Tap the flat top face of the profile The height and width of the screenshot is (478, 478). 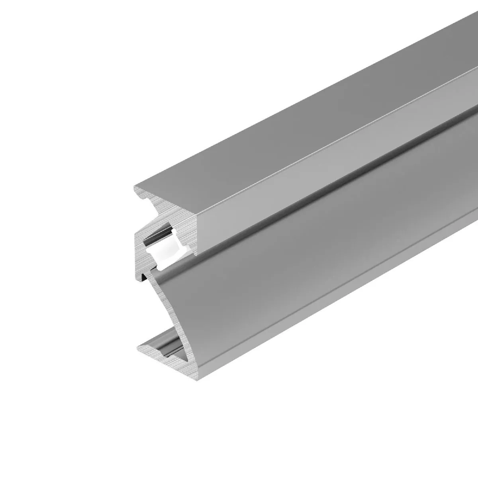pos(279,131)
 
